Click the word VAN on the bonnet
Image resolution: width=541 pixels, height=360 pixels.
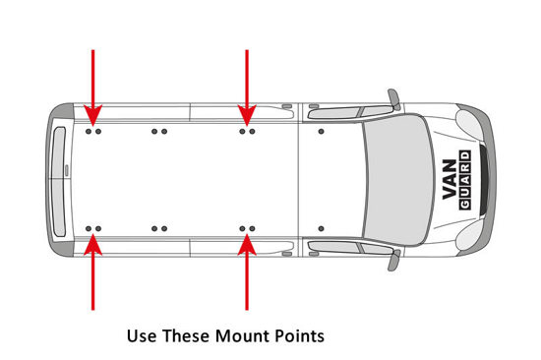(450, 179)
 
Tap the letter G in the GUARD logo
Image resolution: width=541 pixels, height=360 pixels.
(464, 205)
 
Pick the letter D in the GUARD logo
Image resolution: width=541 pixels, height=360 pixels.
(464, 156)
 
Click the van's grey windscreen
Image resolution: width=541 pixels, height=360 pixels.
(397, 179)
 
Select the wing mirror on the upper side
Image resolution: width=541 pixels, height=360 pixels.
(394, 99)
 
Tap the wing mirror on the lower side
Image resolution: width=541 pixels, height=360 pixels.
(394, 261)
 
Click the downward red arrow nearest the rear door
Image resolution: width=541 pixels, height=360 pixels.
(92, 88)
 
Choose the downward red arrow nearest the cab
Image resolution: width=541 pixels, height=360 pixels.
(247, 88)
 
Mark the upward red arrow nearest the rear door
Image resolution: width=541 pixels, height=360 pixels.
(92, 272)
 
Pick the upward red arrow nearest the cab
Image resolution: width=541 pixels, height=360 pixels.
(247, 272)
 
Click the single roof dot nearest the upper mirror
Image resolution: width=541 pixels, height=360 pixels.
(322, 132)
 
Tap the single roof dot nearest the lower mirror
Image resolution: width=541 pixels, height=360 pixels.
(322, 228)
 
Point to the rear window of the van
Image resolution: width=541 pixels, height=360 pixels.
(59, 182)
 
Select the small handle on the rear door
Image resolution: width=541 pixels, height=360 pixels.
(67, 170)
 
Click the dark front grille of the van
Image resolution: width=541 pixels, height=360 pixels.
(484, 179)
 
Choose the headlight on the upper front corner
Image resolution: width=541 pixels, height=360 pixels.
(469, 123)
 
